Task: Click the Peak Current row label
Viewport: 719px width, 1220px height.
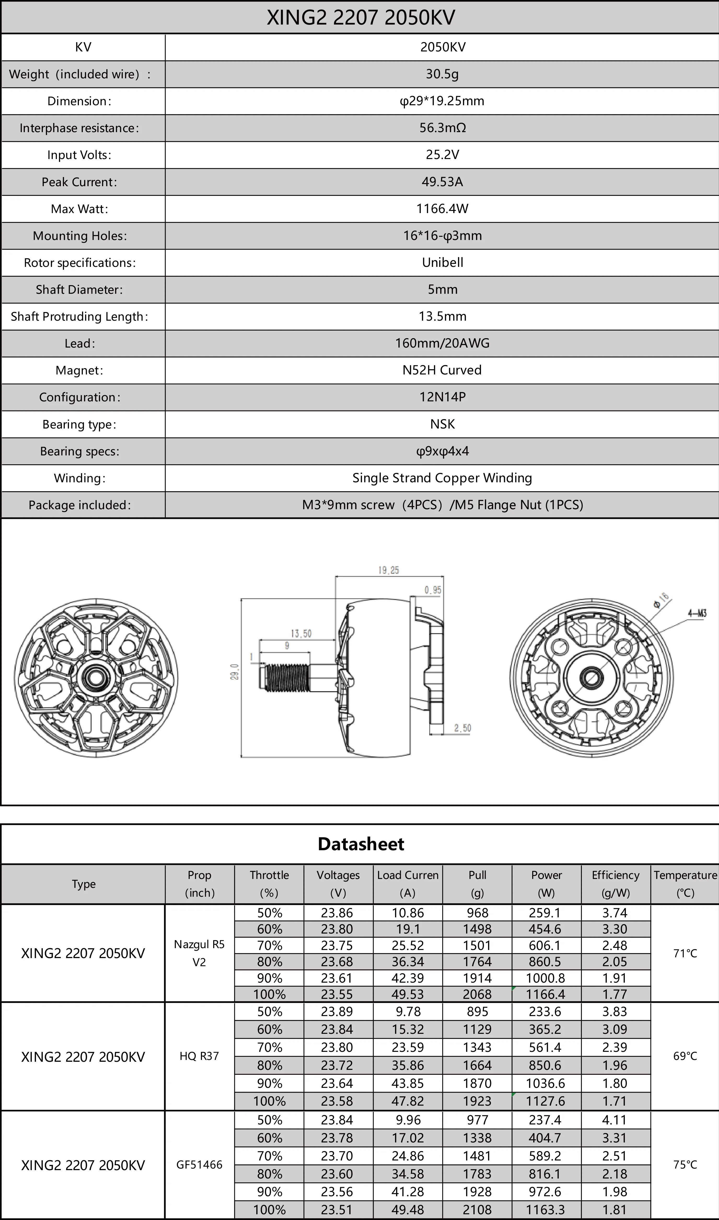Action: coord(79,182)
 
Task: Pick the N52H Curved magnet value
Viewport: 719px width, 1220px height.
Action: coord(442,370)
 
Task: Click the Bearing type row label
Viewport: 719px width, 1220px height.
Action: coord(79,424)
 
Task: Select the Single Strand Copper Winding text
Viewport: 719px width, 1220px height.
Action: coord(442,478)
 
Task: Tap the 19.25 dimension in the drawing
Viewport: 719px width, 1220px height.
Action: coord(389,570)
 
